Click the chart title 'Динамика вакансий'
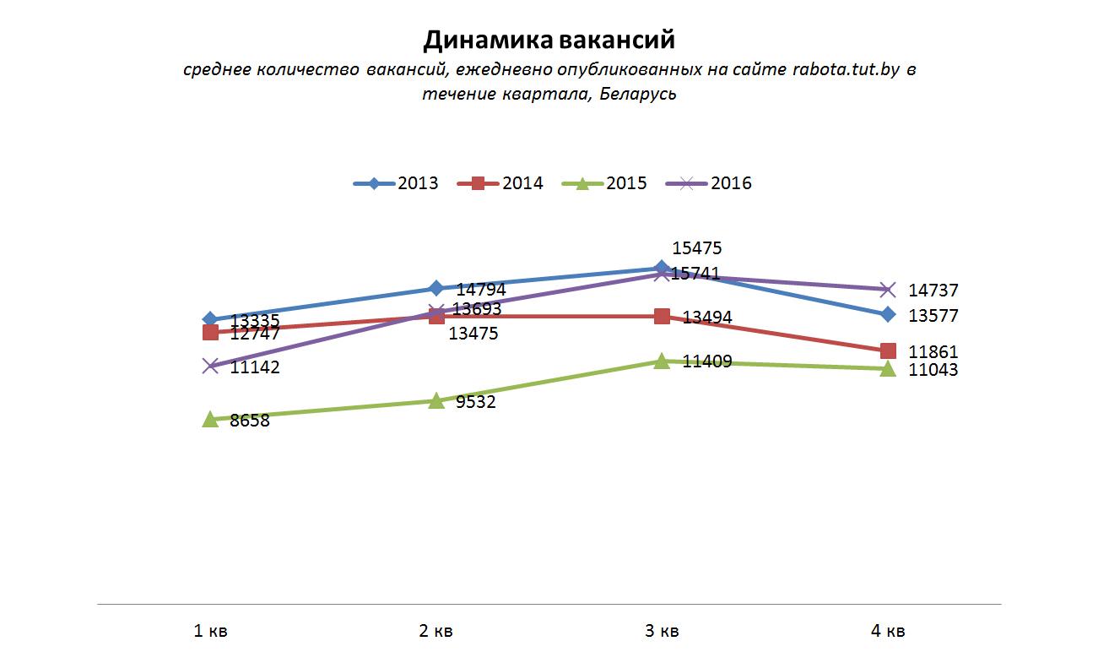pyautogui.click(x=549, y=40)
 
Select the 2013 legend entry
pyautogui.click(x=397, y=183)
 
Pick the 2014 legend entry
pyautogui.click(x=501, y=183)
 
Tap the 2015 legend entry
pyautogui.click(x=605, y=183)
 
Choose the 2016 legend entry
pyautogui.click(x=710, y=183)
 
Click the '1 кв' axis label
pyautogui.click(x=211, y=630)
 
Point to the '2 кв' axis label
pyautogui.click(x=436, y=630)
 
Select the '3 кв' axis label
pyautogui.click(x=662, y=630)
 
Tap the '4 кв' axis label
pyautogui.click(x=888, y=630)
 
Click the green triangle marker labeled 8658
pyautogui.click(x=211, y=418)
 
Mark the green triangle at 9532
pyautogui.click(x=436, y=400)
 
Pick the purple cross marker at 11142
pyautogui.click(x=211, y=366)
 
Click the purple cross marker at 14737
pyautogui.click(x=888, y=290)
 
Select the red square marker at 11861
pyautogui.click(x=888, y=350)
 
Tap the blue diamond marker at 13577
pyautogui.click(x=888, y=314)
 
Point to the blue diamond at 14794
pyautogui.click(x=436, y=289)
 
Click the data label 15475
pyautogui.click(x=696, y=248)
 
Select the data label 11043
pyautogui.click(x=933, y=370)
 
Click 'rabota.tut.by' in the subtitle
pyautogui.click(x=847, y=69)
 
